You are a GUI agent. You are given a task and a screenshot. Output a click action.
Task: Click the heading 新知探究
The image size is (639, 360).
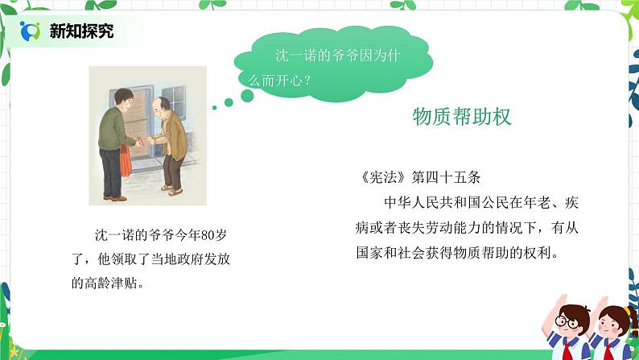81,31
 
